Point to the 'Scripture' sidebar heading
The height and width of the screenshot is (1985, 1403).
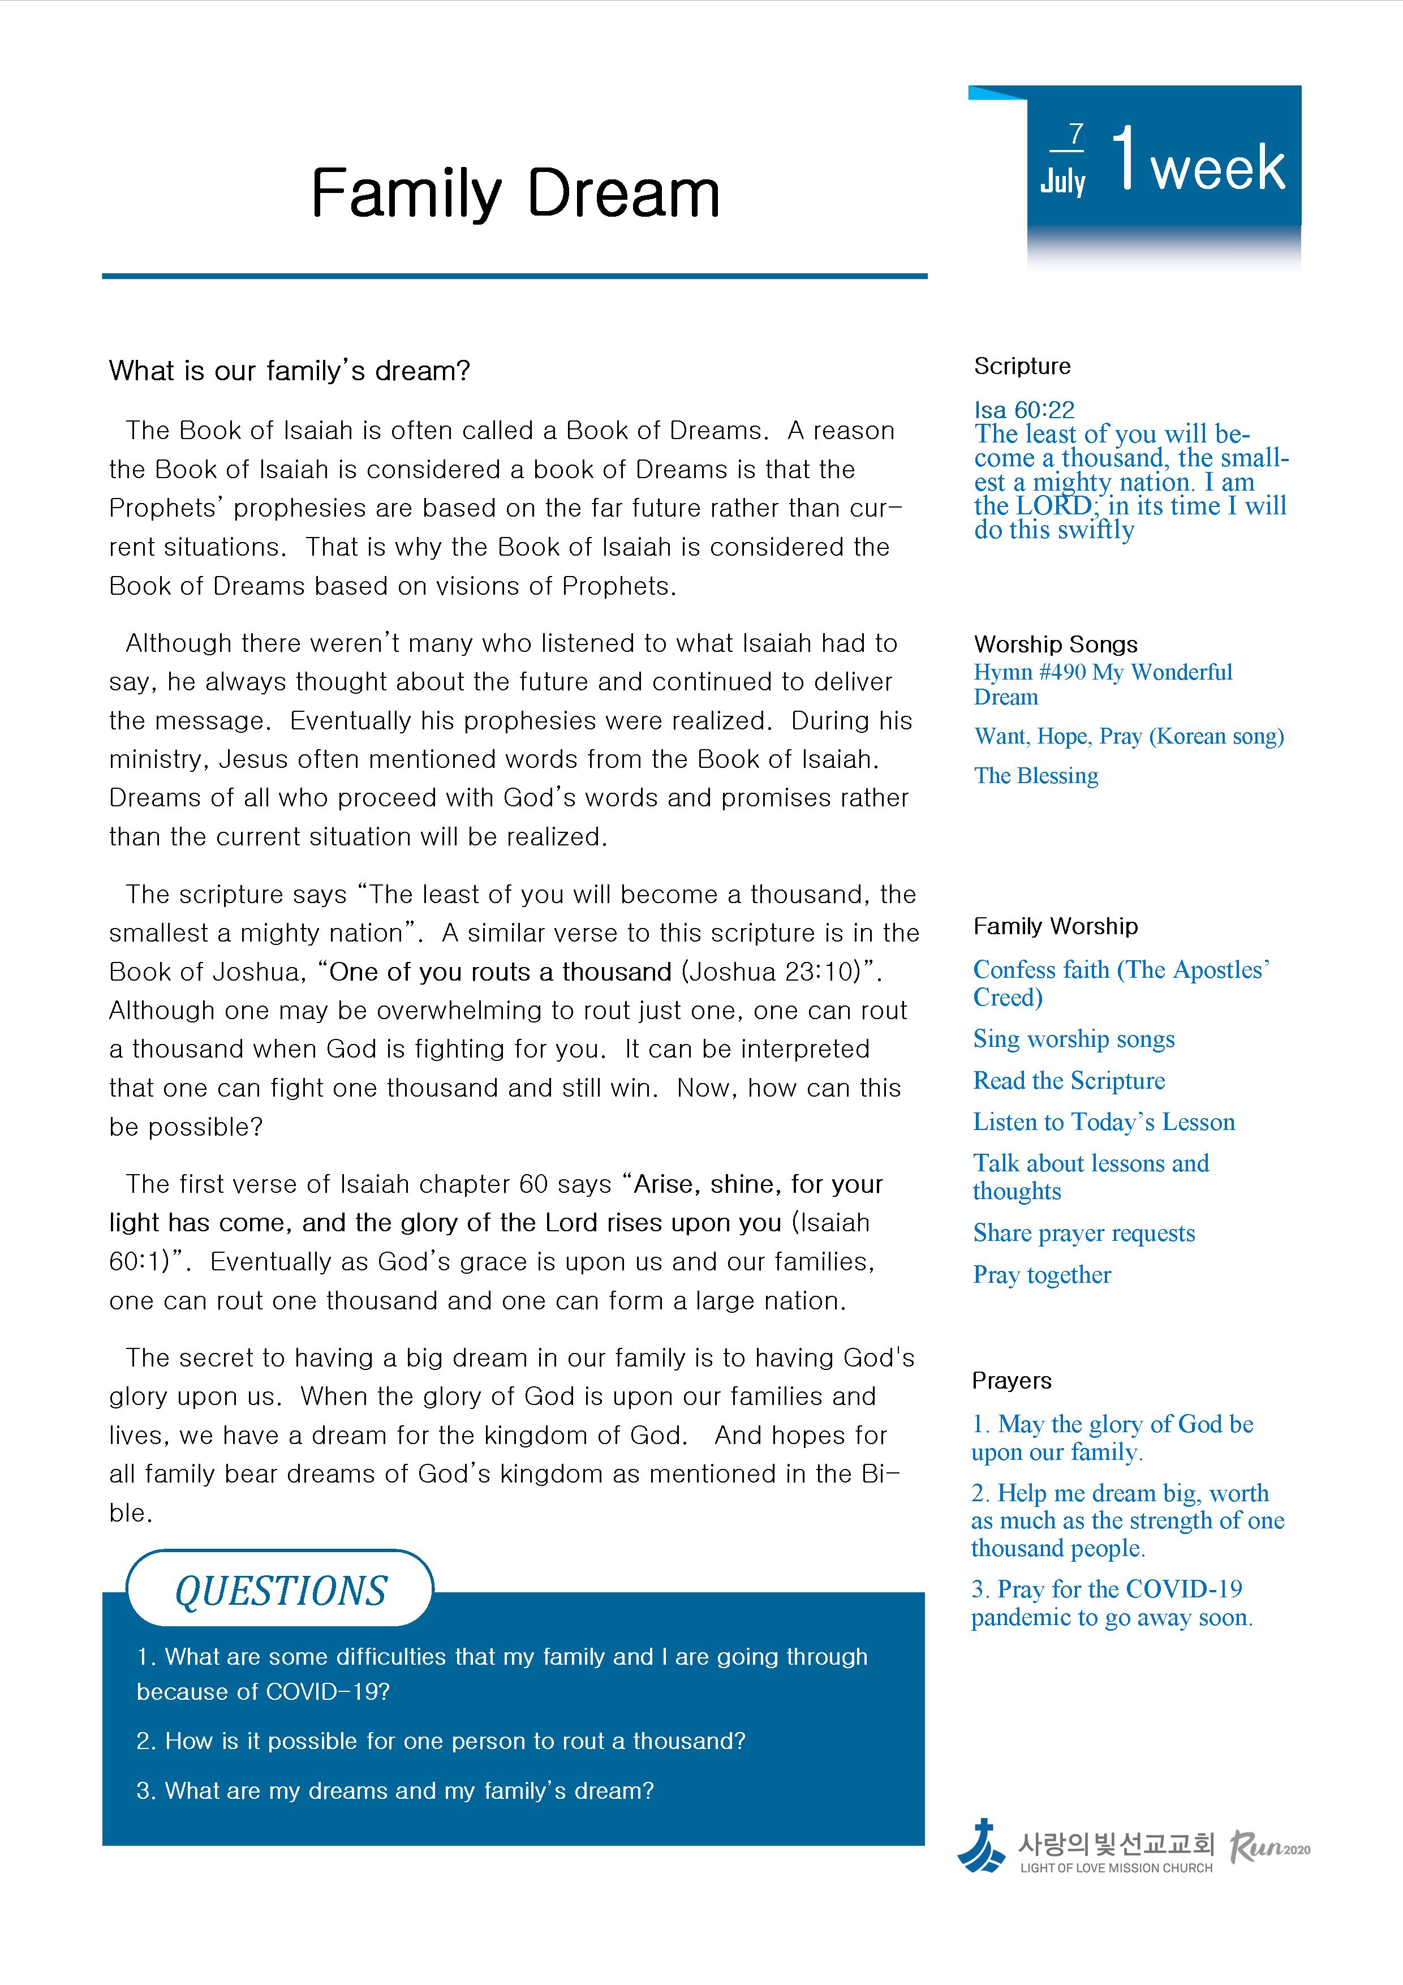1022,367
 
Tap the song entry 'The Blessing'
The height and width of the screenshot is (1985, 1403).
1036,776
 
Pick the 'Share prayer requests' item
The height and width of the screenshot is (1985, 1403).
1083,1233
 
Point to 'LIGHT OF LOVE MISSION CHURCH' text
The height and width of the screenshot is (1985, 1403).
1116,1868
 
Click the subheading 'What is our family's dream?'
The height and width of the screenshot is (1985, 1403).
290,371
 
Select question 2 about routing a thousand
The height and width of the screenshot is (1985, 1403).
441,1741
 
